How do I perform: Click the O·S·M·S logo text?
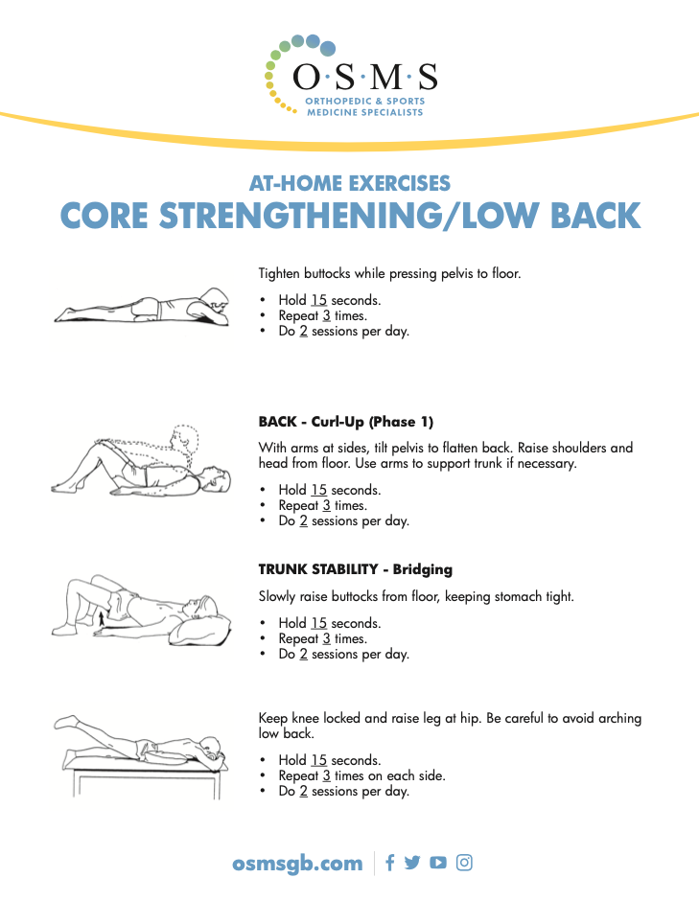pos(364,77)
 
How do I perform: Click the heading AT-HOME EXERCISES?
pos(349,182)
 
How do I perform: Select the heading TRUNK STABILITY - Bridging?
pos(355,569)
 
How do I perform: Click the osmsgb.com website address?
pos(297,863)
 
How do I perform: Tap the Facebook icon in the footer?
pos(389,863)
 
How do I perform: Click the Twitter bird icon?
pos(412,863)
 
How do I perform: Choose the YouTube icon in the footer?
pos(438,863)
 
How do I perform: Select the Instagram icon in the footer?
pos(464,863)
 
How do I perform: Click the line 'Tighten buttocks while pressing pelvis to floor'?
pos(389,273)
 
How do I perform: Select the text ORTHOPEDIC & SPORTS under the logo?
pos(364,102)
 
